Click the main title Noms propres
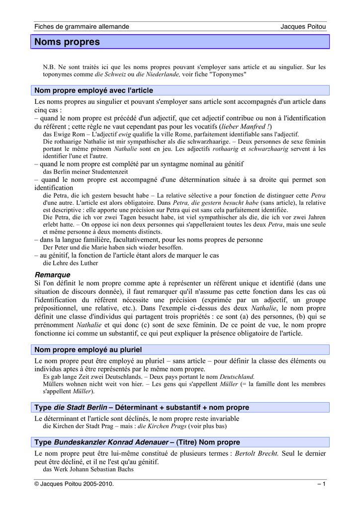[67, 42]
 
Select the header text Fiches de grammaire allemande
[82, 26]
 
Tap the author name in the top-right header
[303, 26]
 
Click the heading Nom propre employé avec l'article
[93, 90]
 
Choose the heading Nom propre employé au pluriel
[88, 350]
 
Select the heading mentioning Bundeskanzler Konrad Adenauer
[137, 442]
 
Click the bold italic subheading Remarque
[52, 274]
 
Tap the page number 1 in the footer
[324, 484]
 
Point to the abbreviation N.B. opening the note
[49, 67]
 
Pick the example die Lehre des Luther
[71, 263]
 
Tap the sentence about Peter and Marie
[113, 247]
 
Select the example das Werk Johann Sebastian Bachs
[89, 469]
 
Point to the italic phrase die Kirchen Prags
[162, 426]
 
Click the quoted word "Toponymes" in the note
[228, 74]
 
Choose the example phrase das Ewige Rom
[63, 134]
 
